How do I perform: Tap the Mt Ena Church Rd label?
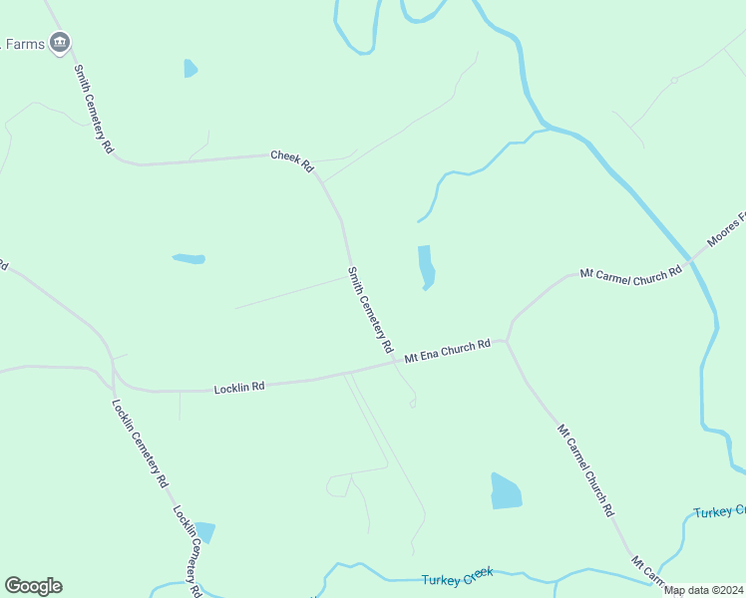448,351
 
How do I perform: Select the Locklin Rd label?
239,387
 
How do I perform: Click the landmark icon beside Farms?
60,42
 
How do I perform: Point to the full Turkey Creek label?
458,578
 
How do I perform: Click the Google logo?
33,586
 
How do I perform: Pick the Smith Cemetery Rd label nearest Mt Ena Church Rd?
370,310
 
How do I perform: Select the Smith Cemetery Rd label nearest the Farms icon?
94,109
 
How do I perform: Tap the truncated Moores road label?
726,231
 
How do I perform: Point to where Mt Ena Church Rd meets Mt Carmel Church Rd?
507,342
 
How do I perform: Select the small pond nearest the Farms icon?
189,69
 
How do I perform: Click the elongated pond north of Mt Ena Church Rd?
425,267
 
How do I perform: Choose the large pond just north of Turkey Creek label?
506,491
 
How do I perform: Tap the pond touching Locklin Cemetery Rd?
205,532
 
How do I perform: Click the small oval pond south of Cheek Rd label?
188,259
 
